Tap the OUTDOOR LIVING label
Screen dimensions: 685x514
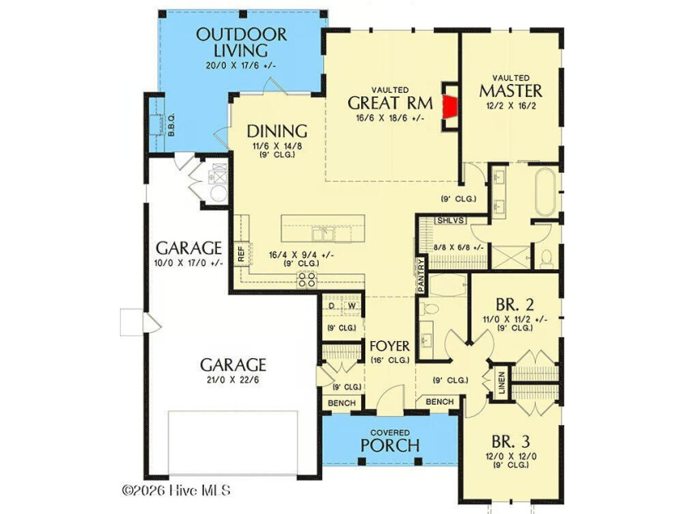point(241,42)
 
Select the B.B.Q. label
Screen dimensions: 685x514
point(171,125)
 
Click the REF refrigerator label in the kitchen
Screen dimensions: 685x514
point(241,254)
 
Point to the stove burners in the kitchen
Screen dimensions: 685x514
point(307,279)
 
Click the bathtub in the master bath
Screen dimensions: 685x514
point(546,192)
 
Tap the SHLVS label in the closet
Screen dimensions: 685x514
point(450,220)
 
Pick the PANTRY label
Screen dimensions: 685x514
point(421,276)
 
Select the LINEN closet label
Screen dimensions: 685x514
point(501,383)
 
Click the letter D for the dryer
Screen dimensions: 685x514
point(332,306)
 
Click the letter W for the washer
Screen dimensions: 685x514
point(351,306)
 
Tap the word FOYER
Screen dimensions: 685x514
point(390,346)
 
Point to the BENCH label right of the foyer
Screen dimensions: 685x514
point(440,401)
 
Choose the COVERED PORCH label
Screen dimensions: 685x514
point(390,441)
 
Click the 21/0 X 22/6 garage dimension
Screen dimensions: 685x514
point(233,380)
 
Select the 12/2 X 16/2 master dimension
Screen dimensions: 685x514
point(510,105)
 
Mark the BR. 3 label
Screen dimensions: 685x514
point(510,441)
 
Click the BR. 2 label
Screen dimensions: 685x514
point(515,304)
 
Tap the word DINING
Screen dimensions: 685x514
point(277,131)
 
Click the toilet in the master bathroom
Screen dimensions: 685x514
point(546,259)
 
